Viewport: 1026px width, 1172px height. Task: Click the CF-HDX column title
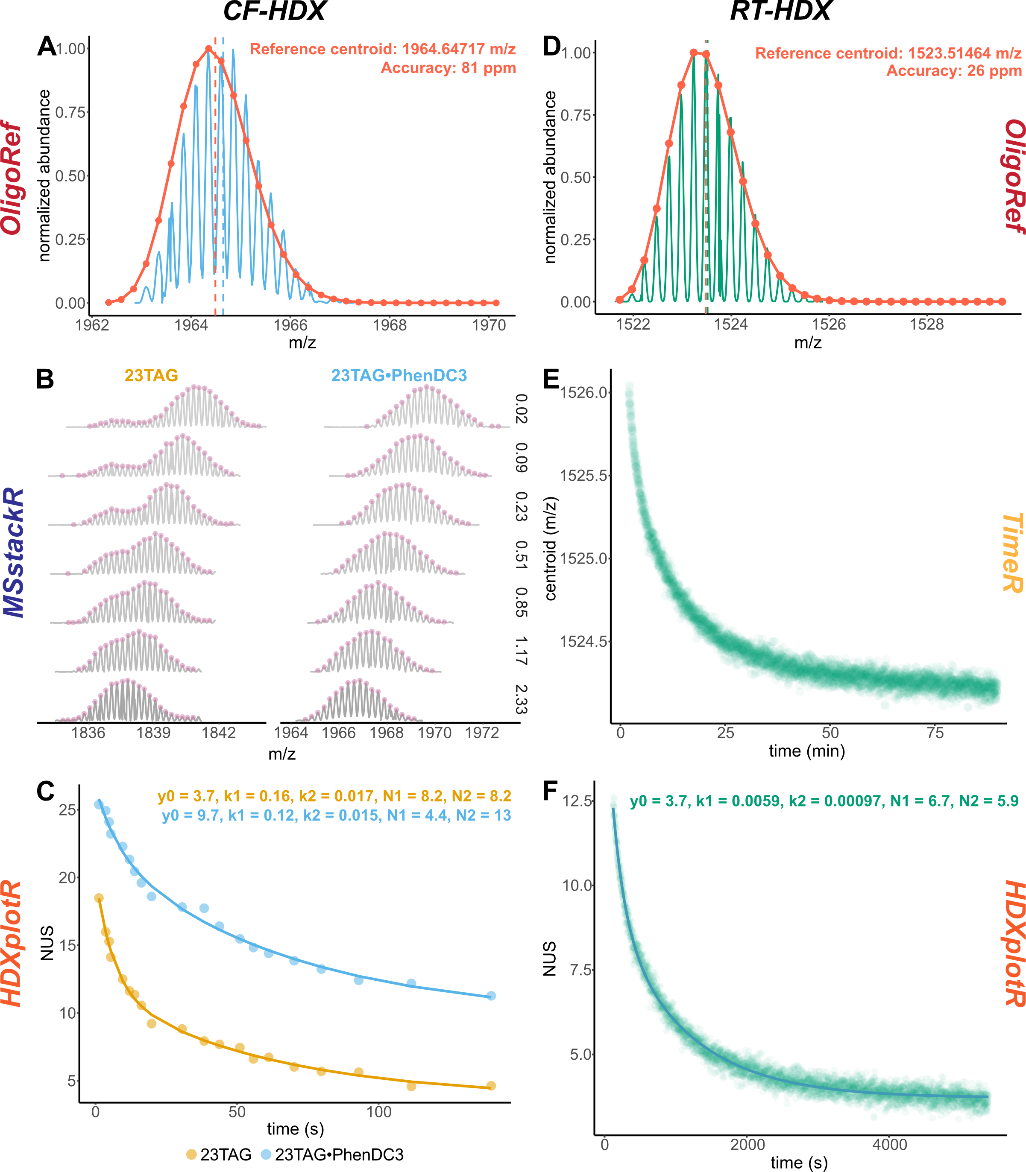point(274,12)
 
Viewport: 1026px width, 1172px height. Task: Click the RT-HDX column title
point(780,12)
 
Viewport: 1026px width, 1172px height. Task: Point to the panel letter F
point(550,792)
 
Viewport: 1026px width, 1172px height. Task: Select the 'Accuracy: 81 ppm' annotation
point(449,68)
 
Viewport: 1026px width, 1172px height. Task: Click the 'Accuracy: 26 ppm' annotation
point(954,71)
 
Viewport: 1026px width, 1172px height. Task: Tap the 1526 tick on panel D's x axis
point(829,324)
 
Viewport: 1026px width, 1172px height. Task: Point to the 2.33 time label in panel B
point(520,699)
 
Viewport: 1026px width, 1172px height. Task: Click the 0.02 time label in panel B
point(520,409)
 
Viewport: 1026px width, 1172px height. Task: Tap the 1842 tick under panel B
point(219,733)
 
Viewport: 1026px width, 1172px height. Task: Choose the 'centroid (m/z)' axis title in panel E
point(551,549)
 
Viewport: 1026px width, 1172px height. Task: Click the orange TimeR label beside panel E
point(1011,552)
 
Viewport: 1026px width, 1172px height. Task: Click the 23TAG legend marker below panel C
point(191,1155)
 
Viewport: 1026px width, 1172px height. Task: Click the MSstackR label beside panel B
point(15,552)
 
